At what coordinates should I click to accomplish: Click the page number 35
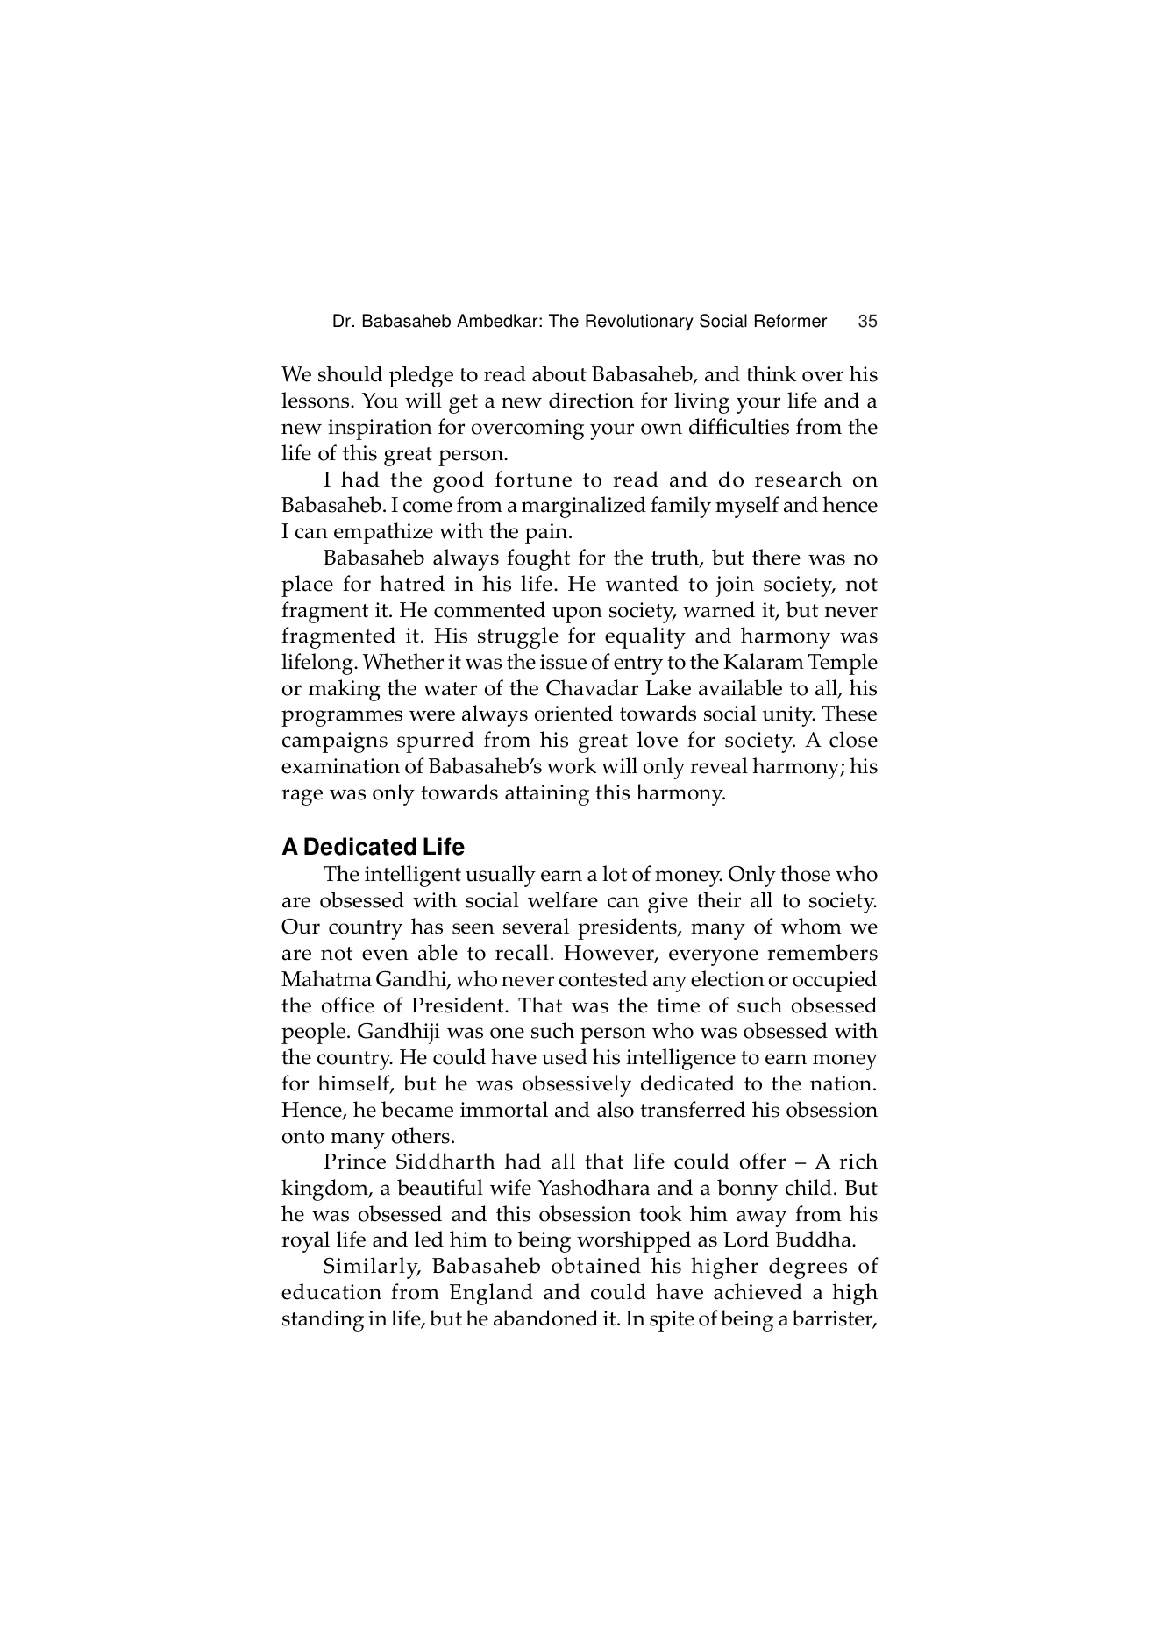pyautogui.click(x=867, y=322)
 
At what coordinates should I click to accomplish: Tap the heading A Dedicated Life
pyautogui.click(x=373, y=848)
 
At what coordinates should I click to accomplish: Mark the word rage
pyautogui.click(x=301, y=794)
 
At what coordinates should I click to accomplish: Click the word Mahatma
pyautogui.click(x=322, y=979)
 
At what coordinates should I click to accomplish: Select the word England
pyautogui.click(x=489, y=1293)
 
